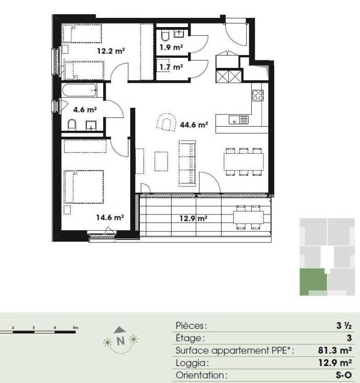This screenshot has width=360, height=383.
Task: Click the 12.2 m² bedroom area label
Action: click(111, 51)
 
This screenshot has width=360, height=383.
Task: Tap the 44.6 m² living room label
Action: click(194, 125)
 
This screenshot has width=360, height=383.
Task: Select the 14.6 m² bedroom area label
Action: click(110, 217)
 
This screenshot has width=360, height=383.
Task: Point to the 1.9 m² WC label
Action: click(172, 47)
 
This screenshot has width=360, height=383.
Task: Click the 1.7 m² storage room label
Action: click(172, 67)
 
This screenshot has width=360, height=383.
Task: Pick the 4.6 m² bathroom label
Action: click(85, 110)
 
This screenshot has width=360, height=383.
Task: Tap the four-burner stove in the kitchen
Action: click(258, 95)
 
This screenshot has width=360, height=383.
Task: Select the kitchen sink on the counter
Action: click(238, 119)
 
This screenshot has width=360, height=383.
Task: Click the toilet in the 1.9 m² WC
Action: click(165, 36)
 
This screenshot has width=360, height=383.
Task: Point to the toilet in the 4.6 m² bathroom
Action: click(72, 125)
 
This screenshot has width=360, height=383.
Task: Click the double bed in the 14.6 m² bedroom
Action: click(84, 187)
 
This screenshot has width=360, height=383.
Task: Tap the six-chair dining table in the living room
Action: click(244, 162)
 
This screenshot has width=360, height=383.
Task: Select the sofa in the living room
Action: click(187, 162)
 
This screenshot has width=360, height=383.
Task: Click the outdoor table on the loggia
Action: click(249, 218)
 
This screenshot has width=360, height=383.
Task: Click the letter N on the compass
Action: click(121, 341)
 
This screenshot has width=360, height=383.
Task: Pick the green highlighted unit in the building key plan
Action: click(314, 282)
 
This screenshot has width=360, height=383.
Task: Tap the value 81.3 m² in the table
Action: click(335, 350)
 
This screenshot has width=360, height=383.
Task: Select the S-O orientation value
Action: click(344, 375)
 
